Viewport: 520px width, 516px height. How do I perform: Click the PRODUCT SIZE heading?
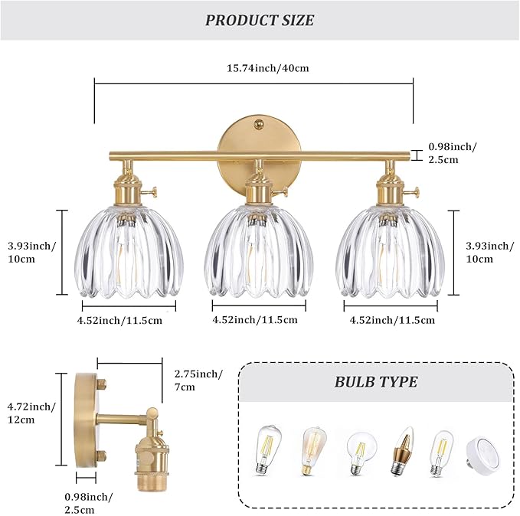tap(260, 20)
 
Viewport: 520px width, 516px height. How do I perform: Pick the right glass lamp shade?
tap(391, 253)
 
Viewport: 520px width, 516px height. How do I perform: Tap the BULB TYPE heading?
tap(376, 381)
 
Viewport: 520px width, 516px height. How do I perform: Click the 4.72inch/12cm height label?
tap(33, 413)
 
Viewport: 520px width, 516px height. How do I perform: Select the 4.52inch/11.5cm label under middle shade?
tap(255, 319)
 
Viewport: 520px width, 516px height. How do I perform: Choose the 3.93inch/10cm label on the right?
tap(490, 253)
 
